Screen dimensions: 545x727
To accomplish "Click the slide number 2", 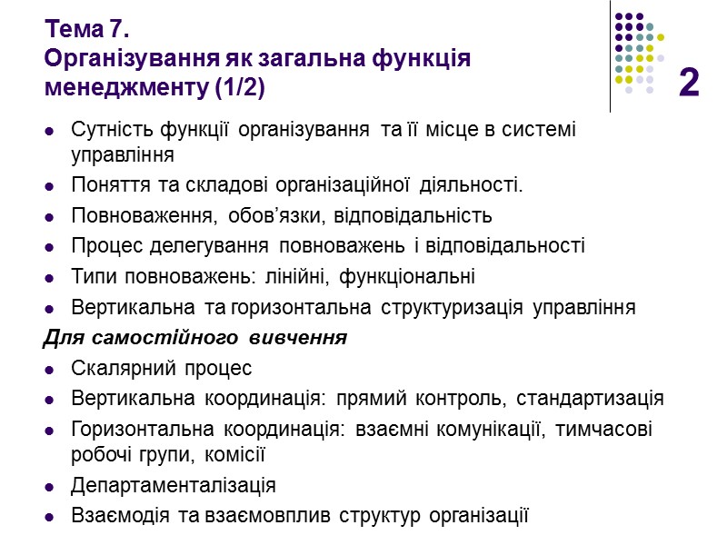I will point(689,83).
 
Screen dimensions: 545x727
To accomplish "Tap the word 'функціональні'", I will point(418,276).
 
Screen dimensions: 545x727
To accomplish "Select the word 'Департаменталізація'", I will point(173,485).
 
